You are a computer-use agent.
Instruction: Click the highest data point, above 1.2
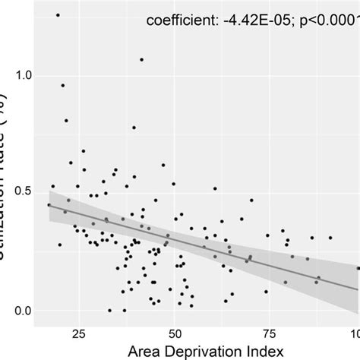58,15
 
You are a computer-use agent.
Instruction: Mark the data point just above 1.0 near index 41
141,59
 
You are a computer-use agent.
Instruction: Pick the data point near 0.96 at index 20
63,85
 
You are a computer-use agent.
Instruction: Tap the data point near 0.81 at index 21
66,120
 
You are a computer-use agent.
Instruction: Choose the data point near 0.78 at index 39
134,128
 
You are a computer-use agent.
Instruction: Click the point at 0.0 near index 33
110,310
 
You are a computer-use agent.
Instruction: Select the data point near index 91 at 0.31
330,238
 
